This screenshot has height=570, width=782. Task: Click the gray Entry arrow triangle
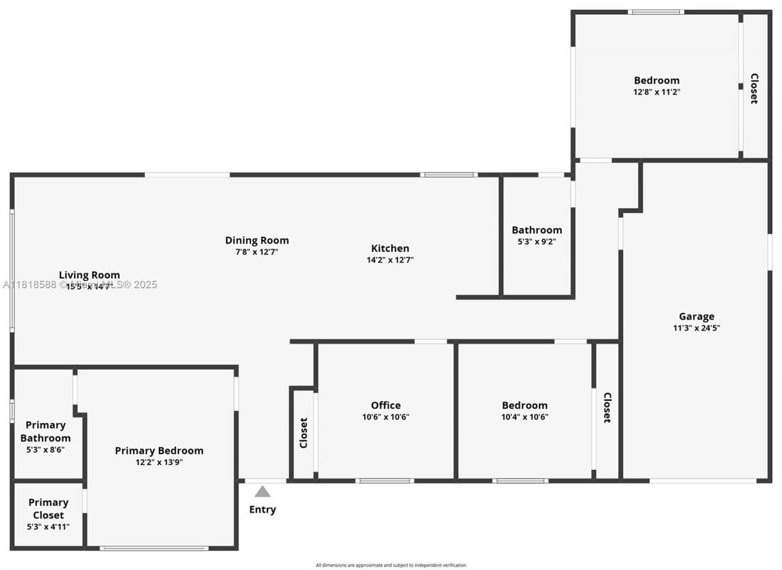[x=263, y=492]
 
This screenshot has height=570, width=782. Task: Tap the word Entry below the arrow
[x=263, y=510]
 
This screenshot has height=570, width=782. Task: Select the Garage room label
[x=696, y=316]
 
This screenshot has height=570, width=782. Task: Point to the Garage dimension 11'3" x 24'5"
[x=696, y=328]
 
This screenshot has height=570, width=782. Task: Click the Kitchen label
[x=390, y=248]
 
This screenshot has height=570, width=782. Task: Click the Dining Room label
[x=257, y=240]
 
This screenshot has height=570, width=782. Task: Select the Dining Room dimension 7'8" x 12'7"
[x=257, y=252]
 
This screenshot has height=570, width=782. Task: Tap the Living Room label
[x=89, y=275]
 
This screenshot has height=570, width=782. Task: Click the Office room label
[x=386, y=405]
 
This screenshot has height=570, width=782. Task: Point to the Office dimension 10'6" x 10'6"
[x=386, y=417]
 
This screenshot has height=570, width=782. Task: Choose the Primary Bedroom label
[x=159, y=450]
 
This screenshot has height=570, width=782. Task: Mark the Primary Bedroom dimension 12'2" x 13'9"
[x=159, y=462]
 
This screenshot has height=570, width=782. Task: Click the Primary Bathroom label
[x=45, y=431]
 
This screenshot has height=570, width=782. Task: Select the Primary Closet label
[x=48, y=508]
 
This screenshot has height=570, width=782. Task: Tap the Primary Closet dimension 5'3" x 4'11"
[x=48, y=527]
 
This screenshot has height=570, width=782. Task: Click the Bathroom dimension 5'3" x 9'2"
[x=536, y=242]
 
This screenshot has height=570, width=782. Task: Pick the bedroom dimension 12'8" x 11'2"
[x=657, y=92]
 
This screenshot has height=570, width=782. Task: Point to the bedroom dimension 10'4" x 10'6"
[x=525, y=417]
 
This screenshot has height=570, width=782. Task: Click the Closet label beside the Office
[x=304, y=433]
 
